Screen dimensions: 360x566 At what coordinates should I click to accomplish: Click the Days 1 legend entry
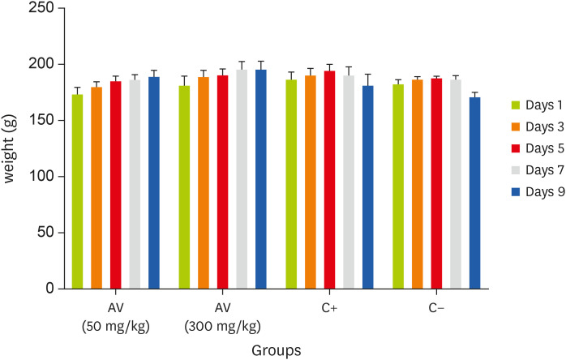pos(540,105)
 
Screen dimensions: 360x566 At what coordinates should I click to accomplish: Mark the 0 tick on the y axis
pos(50,289)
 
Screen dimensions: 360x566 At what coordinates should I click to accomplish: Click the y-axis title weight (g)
pos(11,148)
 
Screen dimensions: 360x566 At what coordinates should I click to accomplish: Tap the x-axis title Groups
pos(276,351)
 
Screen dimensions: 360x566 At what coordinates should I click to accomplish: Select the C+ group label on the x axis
pos(329,309)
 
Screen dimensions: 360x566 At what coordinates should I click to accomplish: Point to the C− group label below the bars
pos(436,309)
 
